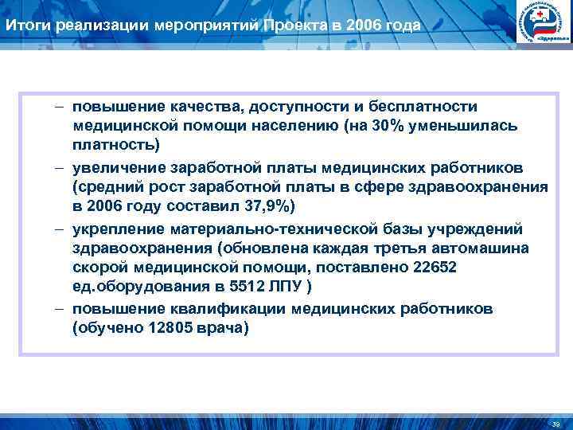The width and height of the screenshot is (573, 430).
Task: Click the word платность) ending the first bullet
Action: coord(115,146)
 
